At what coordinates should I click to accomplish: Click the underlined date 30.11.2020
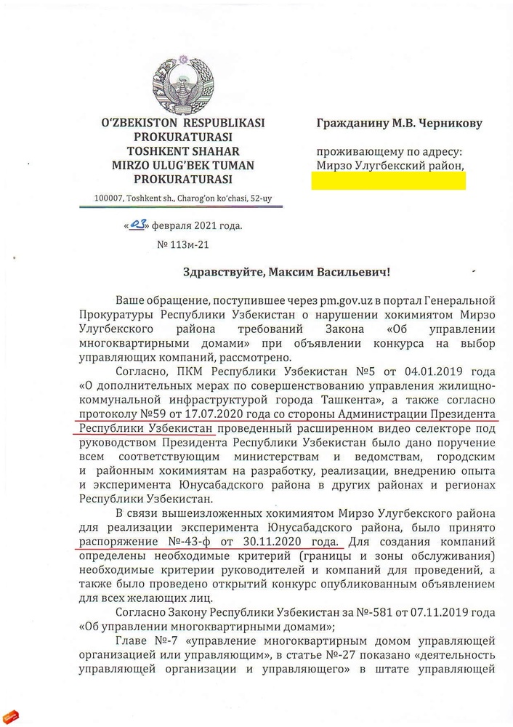point(270,542)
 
